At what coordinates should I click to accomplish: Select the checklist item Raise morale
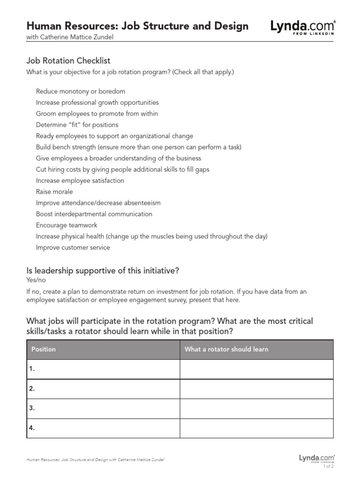pyautogui.click(x=54, y=192)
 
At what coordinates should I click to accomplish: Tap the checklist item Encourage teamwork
pyautogui.click(x=67, y=225)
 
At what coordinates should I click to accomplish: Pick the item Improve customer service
pyautogui.click(x=73, y=247)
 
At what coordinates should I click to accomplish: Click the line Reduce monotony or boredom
pyautogui.click(x=80, y=91)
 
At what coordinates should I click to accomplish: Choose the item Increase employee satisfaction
pyautogui.click(x=80, y=180)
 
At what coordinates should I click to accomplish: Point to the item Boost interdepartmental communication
pyautogui.click(x=94, y=214)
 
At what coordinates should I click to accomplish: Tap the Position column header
pyautogui.click(x=43, y=349)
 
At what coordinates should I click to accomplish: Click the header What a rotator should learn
pyautogui.click(x=226, y=349)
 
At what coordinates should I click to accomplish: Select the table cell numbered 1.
pyautogui.click(x=103, y=369)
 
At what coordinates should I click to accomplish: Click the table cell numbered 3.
pyautogui.click(x=103, y=408)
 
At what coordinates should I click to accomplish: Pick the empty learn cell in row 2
pyautogui.click(x=256, y=389)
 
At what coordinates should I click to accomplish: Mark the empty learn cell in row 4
pyautogui.click(x=256, y=428)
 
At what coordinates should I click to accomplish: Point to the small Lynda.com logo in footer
pyautogui.click(x=316, y=458)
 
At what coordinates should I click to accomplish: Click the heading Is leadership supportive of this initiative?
pyautogui.click(x=103, y=270)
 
